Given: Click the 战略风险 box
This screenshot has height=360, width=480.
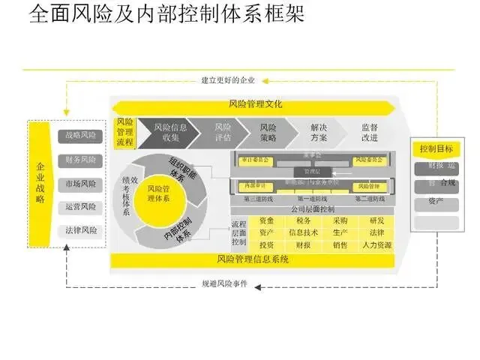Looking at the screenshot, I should (x=81, y=136).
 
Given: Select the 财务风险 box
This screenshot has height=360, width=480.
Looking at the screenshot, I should (x=81, y=160).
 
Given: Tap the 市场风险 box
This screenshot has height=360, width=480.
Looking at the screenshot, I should (x=81, y=184).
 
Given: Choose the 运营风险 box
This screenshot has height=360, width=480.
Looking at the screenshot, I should (x=81, y=207).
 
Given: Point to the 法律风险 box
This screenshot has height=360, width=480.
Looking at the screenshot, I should (x=81, y=230).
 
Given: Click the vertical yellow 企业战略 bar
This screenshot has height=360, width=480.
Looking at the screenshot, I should (x=41, y=183).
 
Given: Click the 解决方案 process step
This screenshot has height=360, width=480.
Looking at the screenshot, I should (x=318, y=132).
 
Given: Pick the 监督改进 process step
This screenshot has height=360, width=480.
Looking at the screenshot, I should (x=370, y=132).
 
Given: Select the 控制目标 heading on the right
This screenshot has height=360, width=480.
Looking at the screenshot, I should (x=436, y=148).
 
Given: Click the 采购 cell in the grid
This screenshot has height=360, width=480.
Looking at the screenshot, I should (x=339, y=220).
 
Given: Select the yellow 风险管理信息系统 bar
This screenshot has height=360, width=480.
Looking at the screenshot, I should (x=253, y=259).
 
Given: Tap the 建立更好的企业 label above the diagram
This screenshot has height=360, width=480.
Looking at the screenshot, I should (x=228, y=80).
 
